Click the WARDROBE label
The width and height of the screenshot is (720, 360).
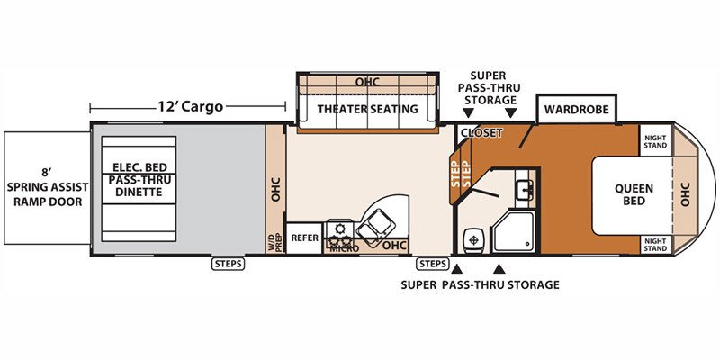tap(576, 109)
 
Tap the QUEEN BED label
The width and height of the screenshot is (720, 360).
tap(634, 194)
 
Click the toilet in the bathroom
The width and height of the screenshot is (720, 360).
tap(472, 239)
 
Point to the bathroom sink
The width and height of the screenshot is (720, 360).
tap(524, 190)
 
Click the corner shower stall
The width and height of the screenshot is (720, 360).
tap(514, 231)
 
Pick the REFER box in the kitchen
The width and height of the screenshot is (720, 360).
tap(304, 238)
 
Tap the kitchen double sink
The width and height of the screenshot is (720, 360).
tap(375, 225)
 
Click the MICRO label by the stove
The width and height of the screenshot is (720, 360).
tap(341, 248)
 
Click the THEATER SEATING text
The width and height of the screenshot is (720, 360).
tap(368, 109)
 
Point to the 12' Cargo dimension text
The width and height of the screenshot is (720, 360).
tap(191, 107)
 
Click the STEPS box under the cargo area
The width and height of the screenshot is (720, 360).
tap(229, 264)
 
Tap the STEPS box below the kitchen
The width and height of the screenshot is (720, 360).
tap(433, 264)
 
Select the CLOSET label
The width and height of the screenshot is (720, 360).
tap(481, 132)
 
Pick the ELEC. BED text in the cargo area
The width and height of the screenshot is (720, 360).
tap(139, 167)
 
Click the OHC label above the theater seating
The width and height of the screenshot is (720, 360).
tap(367, 82)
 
